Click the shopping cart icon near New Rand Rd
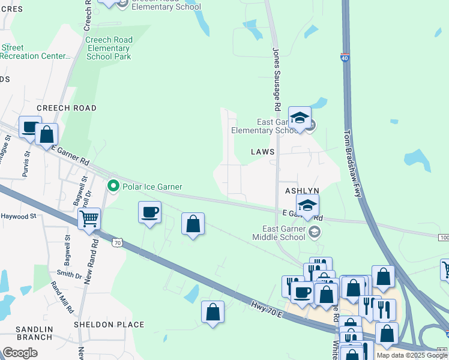pyautogui.click(x=89, y=219)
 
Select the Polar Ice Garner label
pyautogui.click(x=152, y=187)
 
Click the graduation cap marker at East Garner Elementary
pyautogui.click(x=300, y=118)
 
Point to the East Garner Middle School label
pyautogui.click(x=284, y=233)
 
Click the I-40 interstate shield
pyautogui.click(x=344, y=58)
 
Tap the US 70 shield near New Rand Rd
pyautogui.click(x=117, y=242)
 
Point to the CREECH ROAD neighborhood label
pyautogui.click(x=66, y=108)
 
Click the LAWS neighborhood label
pyautogui.click(x=264, y=152)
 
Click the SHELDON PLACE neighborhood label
pyautogui.click(x=109, y=325)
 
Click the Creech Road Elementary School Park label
pyautogui.click(x=109, y=48)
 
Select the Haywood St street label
pyautogui.click(x=19, y=216)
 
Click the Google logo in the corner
pyautogui.click(x=20, y=352)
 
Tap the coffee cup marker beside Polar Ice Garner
pyautogui.click(x=149, y=212)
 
